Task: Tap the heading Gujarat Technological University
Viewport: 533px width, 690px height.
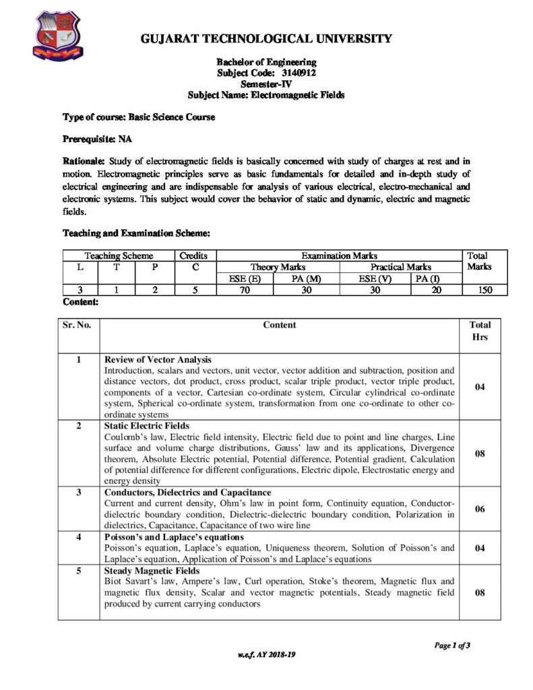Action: point(266,39)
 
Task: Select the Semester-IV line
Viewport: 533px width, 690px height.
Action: point(266,84)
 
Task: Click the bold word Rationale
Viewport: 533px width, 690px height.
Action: point(84,161)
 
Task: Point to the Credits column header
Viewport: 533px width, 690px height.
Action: point(194,256)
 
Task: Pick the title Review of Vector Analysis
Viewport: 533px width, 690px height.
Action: point(158,359)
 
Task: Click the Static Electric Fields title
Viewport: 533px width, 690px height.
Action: point(147,426)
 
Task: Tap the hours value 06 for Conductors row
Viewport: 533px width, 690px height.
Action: point(480,509)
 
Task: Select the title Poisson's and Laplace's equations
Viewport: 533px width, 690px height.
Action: point(174,537)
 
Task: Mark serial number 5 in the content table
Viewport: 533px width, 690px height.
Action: point(79,570)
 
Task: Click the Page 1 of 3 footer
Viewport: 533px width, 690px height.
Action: point(451,646)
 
